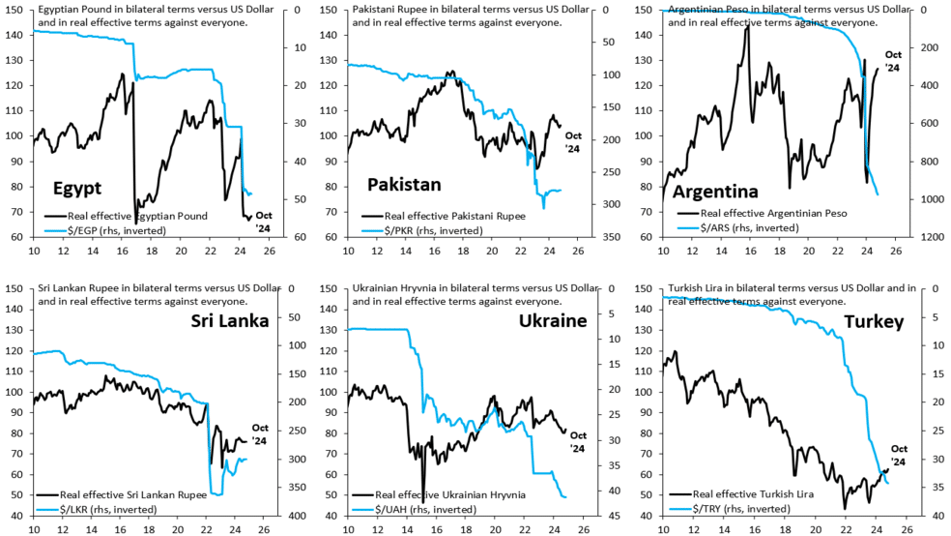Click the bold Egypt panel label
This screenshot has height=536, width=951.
coord(77,188)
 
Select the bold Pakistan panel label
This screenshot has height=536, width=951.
coord(404,185)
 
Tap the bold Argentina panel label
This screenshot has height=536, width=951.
coord(715,192)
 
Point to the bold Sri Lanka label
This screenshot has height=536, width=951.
coord(230,320)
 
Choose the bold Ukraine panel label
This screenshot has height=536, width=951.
coord(553,320)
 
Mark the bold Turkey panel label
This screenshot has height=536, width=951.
coord(874,322)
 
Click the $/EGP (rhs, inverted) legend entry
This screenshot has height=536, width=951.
coord(105,230)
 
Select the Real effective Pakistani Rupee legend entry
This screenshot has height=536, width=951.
coord(444,216)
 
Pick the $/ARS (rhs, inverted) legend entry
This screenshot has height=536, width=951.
coord(738,227)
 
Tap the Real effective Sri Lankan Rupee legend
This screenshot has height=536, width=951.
coord(122,494)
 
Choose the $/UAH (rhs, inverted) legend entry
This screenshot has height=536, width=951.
coord(415,509)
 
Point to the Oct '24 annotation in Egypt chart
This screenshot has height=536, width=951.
coord(263,222)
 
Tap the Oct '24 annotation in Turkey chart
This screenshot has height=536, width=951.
coord(899,456)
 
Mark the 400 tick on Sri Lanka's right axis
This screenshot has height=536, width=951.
coord(298,516)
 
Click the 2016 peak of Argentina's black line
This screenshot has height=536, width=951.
coord(747,25)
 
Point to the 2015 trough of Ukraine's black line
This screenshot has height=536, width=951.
coord(422,502)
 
